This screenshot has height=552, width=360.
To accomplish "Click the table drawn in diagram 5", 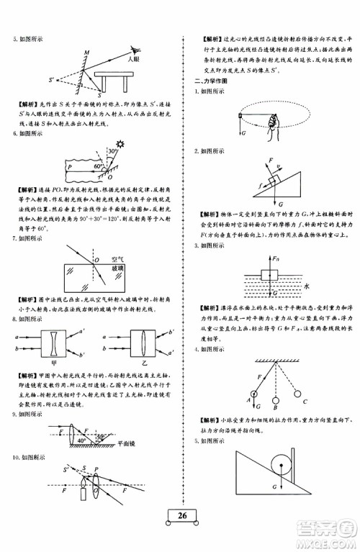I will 116,80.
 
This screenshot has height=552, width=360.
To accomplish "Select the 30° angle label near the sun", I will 114,153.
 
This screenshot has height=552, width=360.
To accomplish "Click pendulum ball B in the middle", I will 277,403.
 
